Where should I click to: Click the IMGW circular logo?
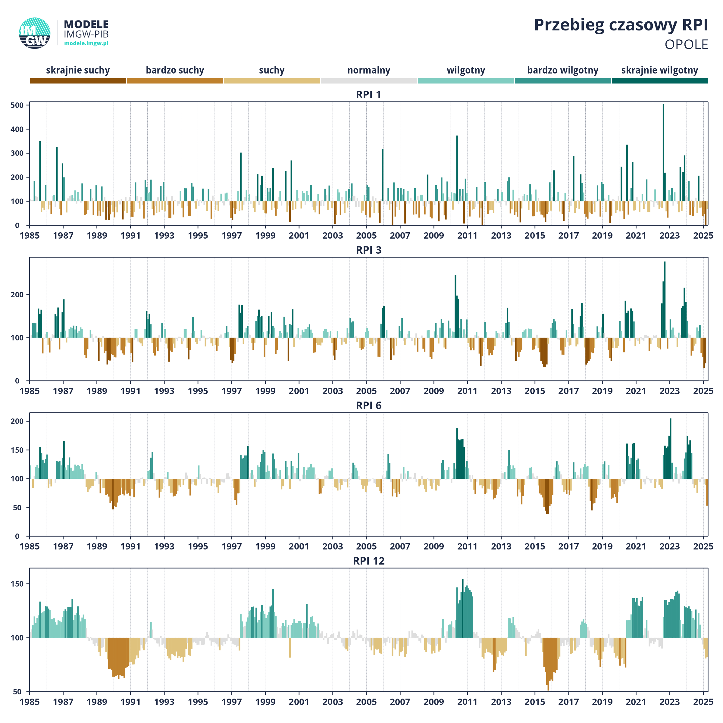[35, 33]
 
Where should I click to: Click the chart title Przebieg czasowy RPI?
[621, 25]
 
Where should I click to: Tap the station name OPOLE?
[686, 45]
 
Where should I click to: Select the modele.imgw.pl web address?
[86, 43]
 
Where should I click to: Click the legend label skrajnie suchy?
[78, 70]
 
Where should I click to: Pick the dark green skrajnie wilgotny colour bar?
[660, 81]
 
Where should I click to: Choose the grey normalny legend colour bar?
[369, 81]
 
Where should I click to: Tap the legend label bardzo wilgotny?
[563, 70]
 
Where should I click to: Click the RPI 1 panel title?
[369, 95]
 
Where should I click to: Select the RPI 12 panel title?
[369, 561]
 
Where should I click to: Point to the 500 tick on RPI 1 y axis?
[17, 105]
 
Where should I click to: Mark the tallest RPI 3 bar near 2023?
[665, 299]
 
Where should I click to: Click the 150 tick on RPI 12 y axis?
[17, 584]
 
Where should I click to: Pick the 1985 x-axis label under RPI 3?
[30, 391]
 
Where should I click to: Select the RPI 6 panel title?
[369, 406]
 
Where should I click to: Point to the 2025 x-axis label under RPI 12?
[703, 702]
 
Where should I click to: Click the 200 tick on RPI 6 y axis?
[17, 421]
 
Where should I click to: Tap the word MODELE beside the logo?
[86, 24]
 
